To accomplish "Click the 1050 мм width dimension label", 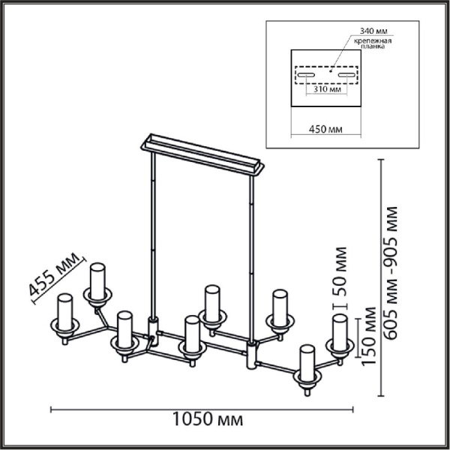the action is coord(208,419).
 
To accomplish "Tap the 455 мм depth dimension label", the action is coord(54,274).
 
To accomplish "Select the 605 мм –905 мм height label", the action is coord(391,273).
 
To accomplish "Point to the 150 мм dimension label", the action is coord(369,336).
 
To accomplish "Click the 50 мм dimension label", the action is coord(340,271).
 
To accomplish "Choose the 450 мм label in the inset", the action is coord(325,130).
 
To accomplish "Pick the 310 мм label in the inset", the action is coord(327,89).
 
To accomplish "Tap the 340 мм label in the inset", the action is coord(373,31).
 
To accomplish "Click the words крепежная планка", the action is coord(373,43).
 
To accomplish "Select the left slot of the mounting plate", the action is coord(306,75).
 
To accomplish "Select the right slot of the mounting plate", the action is coord(346,75).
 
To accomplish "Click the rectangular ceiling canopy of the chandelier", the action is coord(202,154).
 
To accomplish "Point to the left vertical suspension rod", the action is coord(153,235).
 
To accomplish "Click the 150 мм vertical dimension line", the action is coord(358,337).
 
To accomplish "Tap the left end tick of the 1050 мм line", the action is coord(51,409).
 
